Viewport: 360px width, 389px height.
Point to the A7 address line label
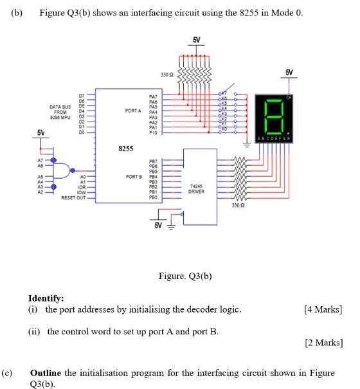[40, 158]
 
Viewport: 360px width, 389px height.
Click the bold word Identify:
[46, 298]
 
